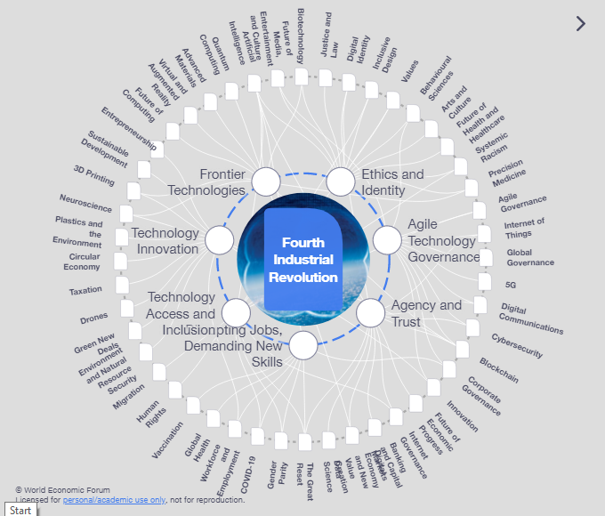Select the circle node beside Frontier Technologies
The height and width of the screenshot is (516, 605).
click(265, 181)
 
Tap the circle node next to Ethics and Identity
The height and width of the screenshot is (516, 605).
click(341, 181)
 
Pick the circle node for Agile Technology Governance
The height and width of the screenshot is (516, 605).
click(387, 239)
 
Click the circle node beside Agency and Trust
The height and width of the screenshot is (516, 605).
click(370, 312)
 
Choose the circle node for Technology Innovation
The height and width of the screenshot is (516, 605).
click(219, 240)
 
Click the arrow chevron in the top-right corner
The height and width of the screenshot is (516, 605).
click(581, 24)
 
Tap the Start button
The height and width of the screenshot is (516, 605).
click(20, 510)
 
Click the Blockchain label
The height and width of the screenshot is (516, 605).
click(498, 369)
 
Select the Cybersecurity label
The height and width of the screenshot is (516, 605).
click(516, 345)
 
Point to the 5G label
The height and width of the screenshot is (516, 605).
click(511, 285)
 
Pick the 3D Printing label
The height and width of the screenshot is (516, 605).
click(94, 174)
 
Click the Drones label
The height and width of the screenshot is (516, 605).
click(93, 318)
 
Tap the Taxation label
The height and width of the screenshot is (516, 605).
click(86, 290)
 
